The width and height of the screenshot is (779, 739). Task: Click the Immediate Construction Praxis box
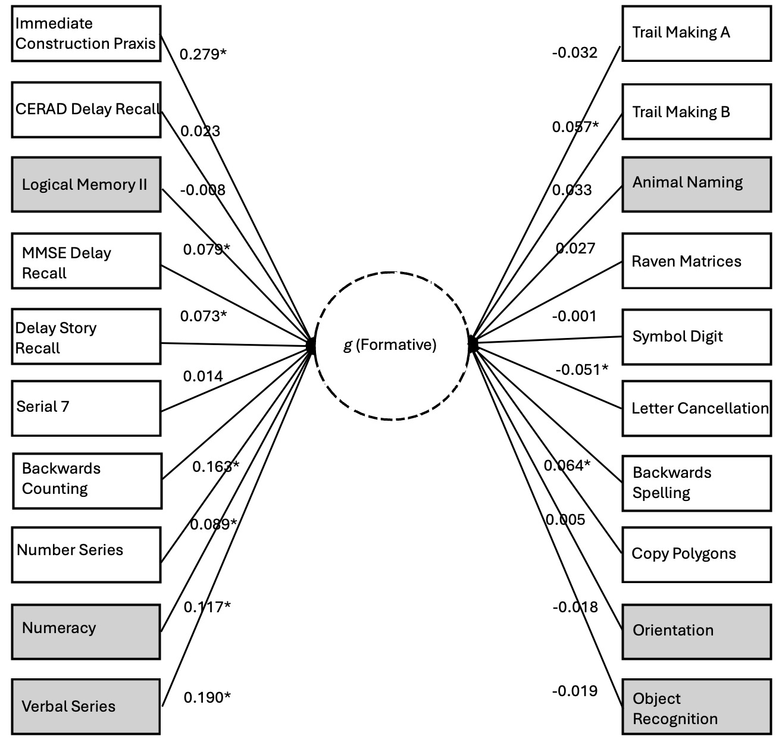[x=86, y=33]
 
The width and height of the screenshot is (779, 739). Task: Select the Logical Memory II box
[x=86, y=184]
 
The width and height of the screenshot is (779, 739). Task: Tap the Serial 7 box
[x=86, y=408]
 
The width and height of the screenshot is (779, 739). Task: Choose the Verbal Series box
[x=86, y=706]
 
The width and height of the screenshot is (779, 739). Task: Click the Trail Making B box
[x=696, y=112]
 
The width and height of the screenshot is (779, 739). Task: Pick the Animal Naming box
[x=696, y=183]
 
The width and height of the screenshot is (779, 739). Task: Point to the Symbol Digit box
[x=696, y=337]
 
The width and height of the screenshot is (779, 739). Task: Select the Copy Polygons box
[x=696, y=554]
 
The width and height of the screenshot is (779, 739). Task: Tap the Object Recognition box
[x=696, y=709]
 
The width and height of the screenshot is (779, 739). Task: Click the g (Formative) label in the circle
[x=390, y=345]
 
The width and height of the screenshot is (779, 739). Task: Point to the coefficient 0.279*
[x=203, y=54]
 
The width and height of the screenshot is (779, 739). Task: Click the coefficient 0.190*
[x=207, y=697]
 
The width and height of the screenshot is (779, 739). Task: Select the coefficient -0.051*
[x=581, y=370]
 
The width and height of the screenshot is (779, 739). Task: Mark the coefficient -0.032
[x=574, y=53]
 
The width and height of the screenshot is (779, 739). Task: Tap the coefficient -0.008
[x=202, y=190]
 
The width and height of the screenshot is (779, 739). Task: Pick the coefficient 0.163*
[x=215, y=466]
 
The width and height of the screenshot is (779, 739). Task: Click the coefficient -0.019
[x=574, y=691]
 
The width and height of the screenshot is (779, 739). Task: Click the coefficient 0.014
[x=203, y=377]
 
